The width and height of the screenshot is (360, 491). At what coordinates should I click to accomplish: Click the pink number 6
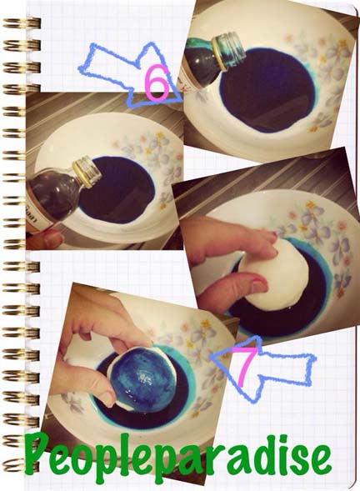coord(157,82)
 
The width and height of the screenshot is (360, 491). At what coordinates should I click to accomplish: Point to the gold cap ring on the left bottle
coord(83,176)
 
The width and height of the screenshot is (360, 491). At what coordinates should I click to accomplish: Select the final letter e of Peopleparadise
coord(318,458)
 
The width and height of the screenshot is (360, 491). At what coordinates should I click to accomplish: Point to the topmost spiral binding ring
coord(22,23)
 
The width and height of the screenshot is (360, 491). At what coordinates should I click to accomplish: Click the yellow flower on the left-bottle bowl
coord(160,135)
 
